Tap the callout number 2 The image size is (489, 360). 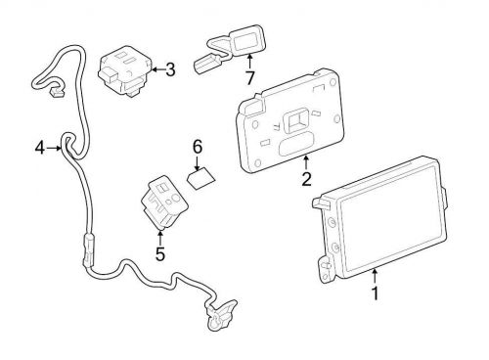click(x=306, y=179)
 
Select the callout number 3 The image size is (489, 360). click(x=170, y=69)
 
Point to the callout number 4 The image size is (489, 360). click(x=40, y=149)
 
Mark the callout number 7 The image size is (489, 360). click(x=249, y=75)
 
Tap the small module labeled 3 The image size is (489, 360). click(x=124, y=68)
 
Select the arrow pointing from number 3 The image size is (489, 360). click(x=155, y=69)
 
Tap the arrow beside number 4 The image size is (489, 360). click(x=54, y=149)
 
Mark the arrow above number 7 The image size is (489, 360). click(x=249, y=61)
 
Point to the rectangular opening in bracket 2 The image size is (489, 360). click(x=294, y=124)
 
